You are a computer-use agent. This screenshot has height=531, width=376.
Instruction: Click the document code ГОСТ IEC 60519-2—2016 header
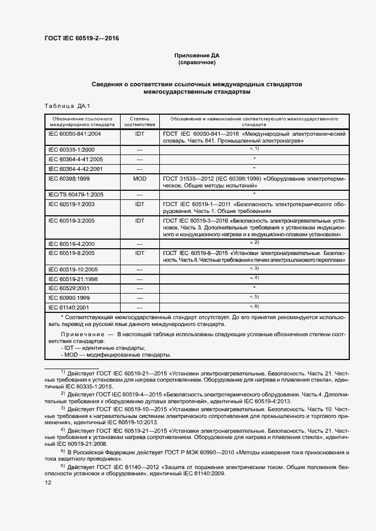click(81, 39)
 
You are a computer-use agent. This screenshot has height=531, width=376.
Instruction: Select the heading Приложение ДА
click(196, 56)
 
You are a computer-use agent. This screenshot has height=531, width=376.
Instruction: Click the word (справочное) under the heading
click(196, 62)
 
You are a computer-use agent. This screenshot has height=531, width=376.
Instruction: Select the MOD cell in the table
click(139, 178)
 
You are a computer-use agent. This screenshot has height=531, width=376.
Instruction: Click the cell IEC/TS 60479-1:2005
click(76, 194)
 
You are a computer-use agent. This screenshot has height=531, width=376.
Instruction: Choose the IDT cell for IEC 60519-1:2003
click(139, 203)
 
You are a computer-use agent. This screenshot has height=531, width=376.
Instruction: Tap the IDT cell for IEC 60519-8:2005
click(139, 252)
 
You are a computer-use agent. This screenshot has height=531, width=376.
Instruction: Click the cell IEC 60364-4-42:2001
click(76, 169)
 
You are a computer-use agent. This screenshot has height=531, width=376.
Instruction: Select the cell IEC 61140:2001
click(71, 307)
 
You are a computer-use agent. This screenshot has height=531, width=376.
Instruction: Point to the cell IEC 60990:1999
click(71, 298)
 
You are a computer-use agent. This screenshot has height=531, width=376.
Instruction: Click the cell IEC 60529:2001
click(71, 288)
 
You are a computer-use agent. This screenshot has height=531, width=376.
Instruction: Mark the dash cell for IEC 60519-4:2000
click(139, 244)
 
